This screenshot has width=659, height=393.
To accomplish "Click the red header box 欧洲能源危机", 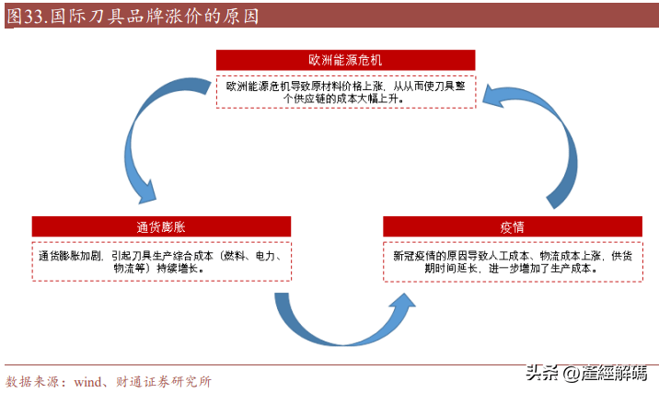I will [x=345, y=60].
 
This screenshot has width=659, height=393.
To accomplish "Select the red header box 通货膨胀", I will [x=161, y=226].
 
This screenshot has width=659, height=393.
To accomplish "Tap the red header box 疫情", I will [x=513, y=226].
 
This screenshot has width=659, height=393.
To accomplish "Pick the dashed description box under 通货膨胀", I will [x=161, y=261].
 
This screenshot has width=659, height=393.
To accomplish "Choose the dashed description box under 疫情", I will [x=513, y=261].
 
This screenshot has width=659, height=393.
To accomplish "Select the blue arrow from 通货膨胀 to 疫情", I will [x=341, y=318].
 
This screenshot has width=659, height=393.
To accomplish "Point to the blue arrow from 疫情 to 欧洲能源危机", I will [x=543, y=138].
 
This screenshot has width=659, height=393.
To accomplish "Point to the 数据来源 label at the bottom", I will [x=33, y=380].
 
